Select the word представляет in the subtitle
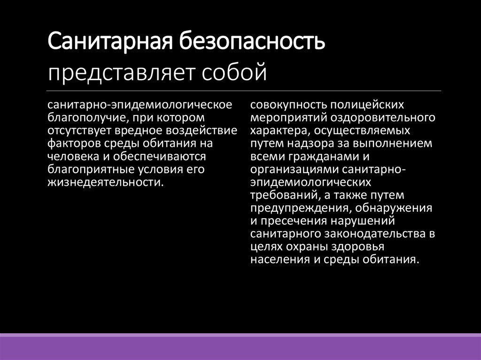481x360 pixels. [x=121, y=73]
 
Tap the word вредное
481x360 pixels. [x=134, y=130]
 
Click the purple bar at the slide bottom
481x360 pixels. [x=240, y=347]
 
